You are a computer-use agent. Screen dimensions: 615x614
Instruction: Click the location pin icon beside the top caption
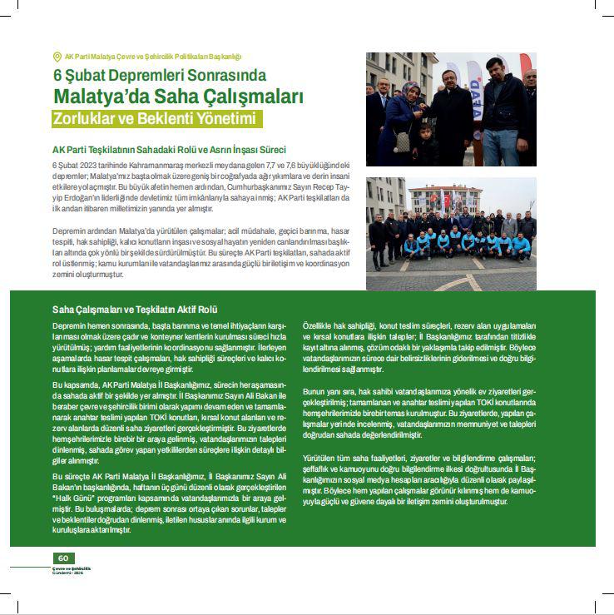coord(57,57)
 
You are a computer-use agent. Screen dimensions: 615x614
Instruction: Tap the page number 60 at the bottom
coord(62,558)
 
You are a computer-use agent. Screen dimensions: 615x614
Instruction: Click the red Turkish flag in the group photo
coord(448,200)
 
